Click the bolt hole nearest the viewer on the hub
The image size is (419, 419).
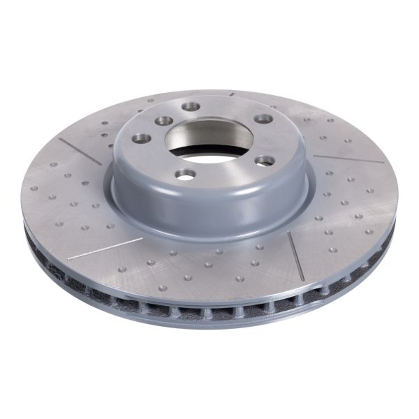coord(185,174)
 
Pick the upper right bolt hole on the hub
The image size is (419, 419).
coord(263,119)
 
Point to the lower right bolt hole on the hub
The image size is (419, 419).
coord(264,161)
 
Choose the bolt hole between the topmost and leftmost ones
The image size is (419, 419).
coord(163,121)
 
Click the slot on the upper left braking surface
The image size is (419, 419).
coord(80,150)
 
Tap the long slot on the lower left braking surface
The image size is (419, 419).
coord(105,248)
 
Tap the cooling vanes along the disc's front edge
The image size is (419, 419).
coord(209,307)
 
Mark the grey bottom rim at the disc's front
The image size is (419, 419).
coord(209,323)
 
